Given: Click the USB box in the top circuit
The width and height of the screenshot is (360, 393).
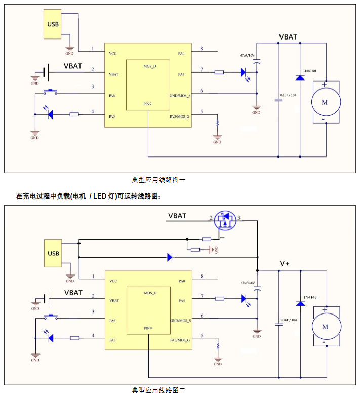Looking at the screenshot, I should point(52,25).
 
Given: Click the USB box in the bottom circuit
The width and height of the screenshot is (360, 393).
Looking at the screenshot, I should point(53,253).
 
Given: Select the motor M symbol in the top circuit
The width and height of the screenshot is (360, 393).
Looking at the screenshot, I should point(325,102).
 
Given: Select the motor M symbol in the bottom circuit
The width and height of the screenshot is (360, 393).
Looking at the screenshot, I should point(325,326).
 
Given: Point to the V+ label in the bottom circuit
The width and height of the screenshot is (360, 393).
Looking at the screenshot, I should point(285,264).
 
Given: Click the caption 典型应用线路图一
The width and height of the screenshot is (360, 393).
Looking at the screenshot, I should point(159,179).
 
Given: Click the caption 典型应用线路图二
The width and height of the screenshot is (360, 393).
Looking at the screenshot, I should point(159,390).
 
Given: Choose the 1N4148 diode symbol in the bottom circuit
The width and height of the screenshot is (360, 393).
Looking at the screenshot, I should point(300,303).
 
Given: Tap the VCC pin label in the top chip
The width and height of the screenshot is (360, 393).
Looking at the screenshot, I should point(113,53).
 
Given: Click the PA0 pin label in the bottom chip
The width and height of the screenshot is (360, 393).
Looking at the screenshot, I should point(181,280).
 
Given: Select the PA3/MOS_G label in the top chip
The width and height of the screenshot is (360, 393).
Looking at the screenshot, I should point(180,116).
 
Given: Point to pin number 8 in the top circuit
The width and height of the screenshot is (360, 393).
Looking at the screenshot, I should point(202,49).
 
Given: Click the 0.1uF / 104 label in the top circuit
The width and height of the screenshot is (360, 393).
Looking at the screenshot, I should point(289,95).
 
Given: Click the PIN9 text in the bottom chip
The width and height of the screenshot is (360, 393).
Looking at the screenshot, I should point(148,328).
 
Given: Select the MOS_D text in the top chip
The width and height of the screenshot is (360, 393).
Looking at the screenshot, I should point(150,66).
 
